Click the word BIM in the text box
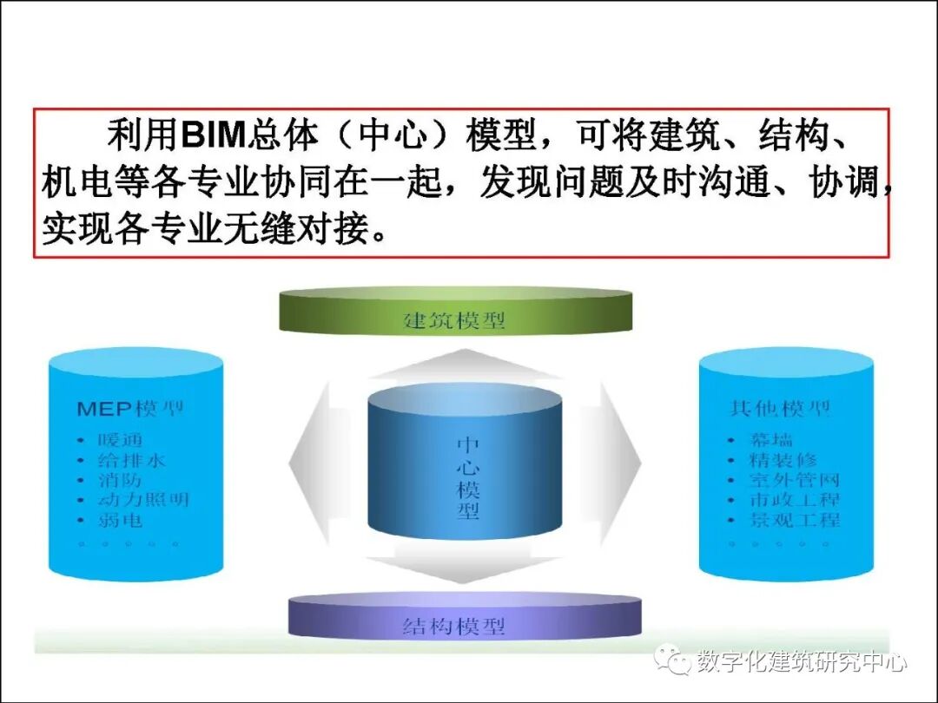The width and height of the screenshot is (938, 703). click(x=214, y=136)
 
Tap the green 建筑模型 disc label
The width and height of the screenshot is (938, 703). click(x=454, y=319)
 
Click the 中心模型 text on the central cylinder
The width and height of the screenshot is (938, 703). click(x=468, y=478)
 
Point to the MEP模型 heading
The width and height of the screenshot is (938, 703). click(x=129, y=409)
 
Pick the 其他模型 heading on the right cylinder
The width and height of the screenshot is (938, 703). click(x=780, y=409)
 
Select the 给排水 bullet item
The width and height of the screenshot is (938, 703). click(x=131, y=460)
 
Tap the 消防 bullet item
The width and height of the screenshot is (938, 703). click(x=120, y=480)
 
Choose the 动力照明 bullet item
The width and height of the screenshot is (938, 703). click(x=142, y=500)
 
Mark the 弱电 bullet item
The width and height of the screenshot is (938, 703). click(x=120, y=520)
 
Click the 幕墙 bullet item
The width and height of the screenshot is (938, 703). click(x=770, y=440)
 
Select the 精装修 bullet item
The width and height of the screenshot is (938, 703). click(x=782, y=460)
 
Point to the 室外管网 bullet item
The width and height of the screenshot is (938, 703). click(x=793, y=480)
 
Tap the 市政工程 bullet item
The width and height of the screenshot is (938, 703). click(x=793, y=500)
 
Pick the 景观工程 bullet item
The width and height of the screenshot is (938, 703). click(x=793, y=520)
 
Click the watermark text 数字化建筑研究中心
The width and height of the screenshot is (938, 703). click(x=802, y=662)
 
